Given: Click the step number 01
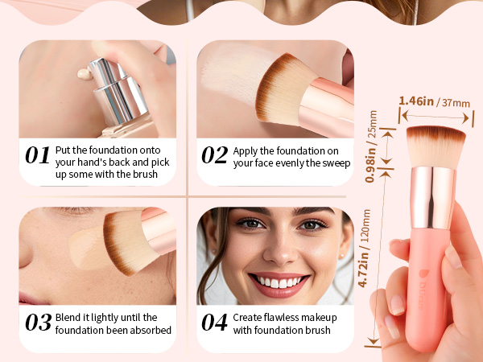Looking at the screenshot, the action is coord(37,154).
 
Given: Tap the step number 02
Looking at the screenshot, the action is coord(215,154).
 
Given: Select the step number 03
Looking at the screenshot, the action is coord(38,323).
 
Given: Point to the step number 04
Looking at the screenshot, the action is coord(214,323).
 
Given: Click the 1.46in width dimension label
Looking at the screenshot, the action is coord(416,101).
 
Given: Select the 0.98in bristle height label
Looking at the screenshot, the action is coord(370,165).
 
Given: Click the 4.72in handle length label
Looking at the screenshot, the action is coord(364,269).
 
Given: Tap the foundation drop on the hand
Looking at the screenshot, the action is coord(85,74).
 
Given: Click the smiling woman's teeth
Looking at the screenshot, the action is coord(279,282).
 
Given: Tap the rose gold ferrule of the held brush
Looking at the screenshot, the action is coord(433,198).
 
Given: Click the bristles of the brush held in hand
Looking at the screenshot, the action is coord(436,147).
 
